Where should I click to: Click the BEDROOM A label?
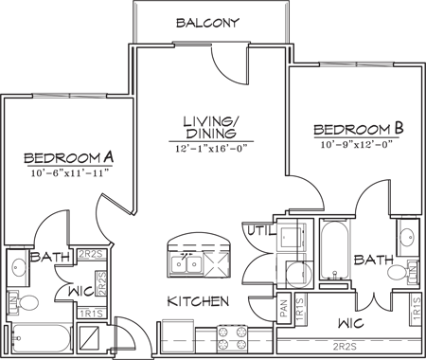coord(69,157)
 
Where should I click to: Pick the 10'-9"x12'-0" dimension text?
coord(357,144)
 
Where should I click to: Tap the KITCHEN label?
coord(199,302)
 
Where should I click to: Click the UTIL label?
coord(261,230)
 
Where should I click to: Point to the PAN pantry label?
coord(283,309)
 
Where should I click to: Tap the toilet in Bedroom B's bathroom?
coord(402,274)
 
